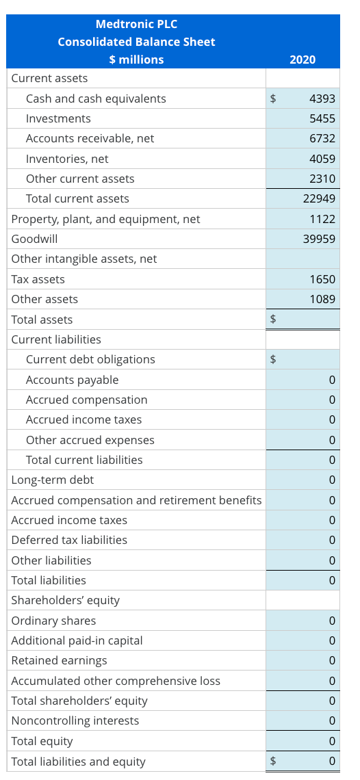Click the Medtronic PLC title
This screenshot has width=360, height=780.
pyautogui.click(x=136, y=24)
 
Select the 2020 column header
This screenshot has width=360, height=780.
pyautogui.click(x=303, y=60)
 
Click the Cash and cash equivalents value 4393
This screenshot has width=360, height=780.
pyautogui.click(x=322, y=99)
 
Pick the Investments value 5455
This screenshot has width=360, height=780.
pyautogui.click(x=322, y=118)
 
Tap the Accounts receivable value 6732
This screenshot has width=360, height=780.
pyautogui.click(x=322, y=138)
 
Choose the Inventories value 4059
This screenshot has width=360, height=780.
pyautogui.click(x=322, y=159)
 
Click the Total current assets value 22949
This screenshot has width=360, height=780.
pyautogui.click(x=319, y=198)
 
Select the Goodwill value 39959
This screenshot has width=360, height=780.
pyautogui.click(x=319, y=239)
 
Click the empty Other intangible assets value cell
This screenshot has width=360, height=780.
pyautogui.click(x=303, y=259)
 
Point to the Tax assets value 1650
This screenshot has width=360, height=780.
pyautogui.click(x=322, y=279)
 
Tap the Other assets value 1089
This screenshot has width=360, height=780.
pyautogui.click(x=322, y=299)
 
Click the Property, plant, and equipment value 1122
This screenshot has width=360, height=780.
pyautogui.click(x=322, y=219)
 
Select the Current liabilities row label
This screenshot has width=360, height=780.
pyautogui.click(x=56, y=339)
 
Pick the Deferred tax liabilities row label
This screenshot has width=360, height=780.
pyautogui.click(x=69, y=540)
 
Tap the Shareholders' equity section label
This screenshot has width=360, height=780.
pyautogui.click(x=66, y=600)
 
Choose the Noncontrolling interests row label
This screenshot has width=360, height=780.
pyautogui.click(x=75, y=720)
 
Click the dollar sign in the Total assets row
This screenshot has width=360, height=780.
pyautogui.click(x=274, y=319)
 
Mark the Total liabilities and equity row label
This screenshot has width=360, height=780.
pyautogui.click(x=79, y=761)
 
